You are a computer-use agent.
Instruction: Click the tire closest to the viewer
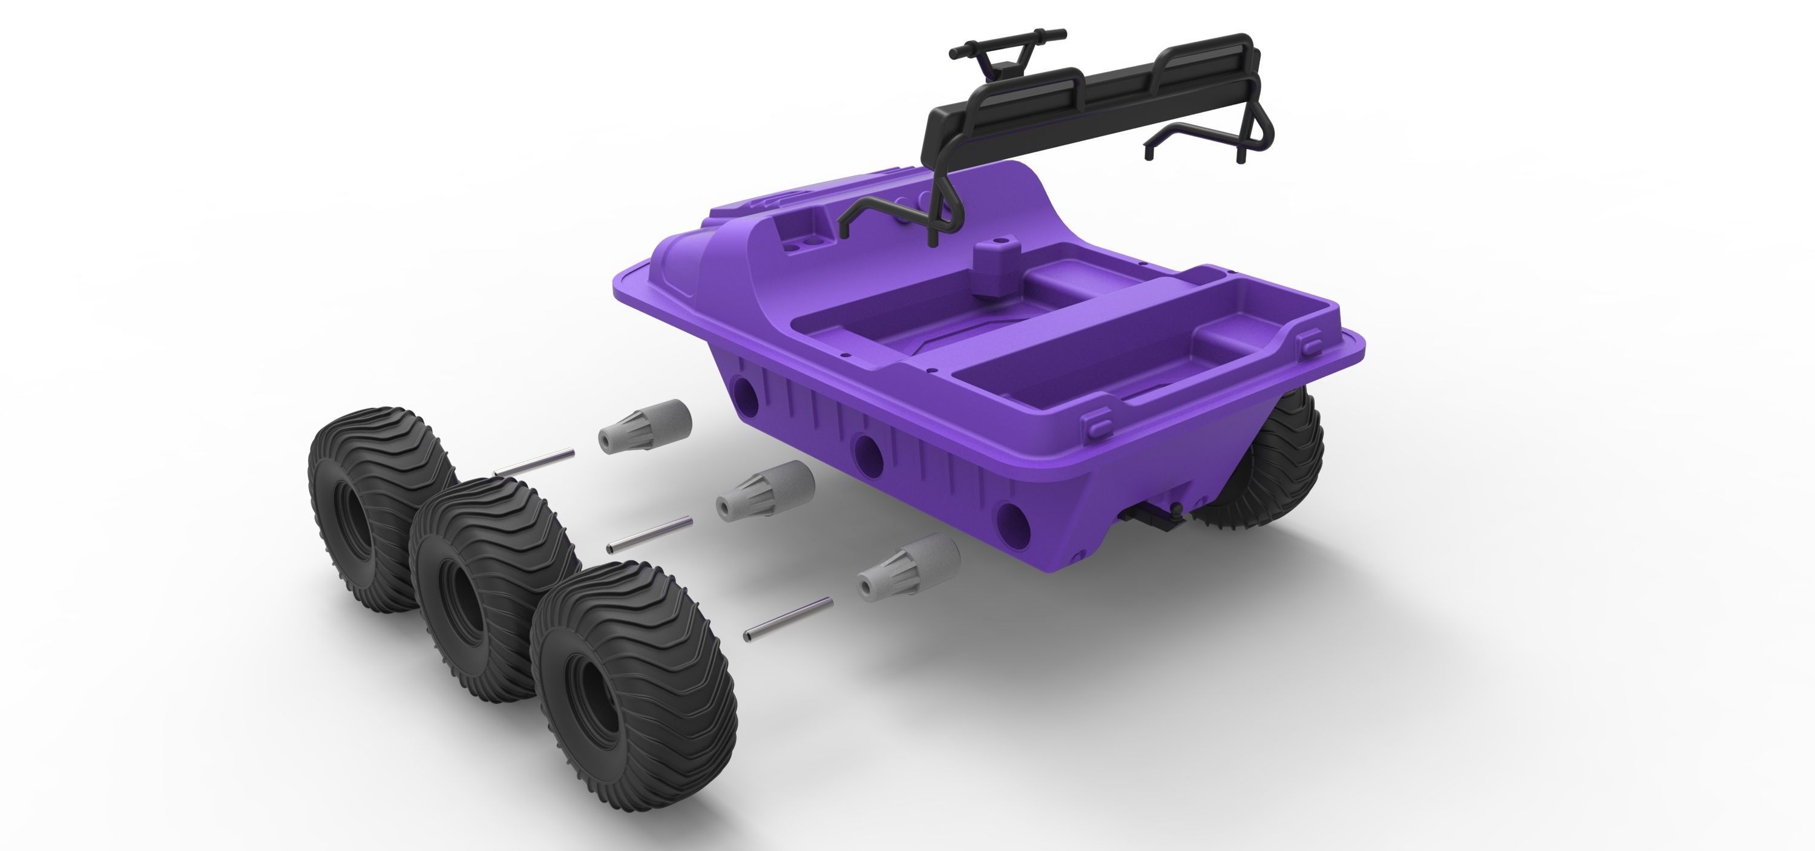634,659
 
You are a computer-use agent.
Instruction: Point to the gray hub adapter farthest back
645,425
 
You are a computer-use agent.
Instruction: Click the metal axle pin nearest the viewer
788,619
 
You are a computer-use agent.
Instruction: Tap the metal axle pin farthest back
534,462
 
